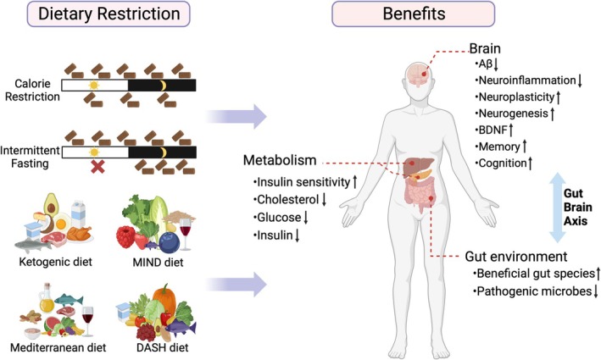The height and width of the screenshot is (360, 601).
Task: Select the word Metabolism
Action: [279, 160]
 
